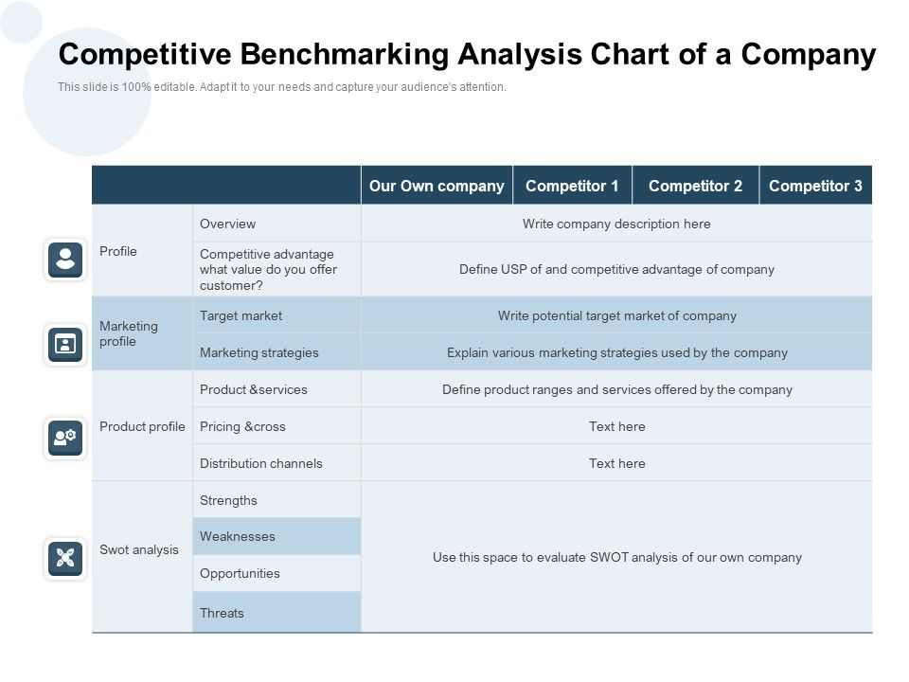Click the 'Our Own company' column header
(x=437, y=186)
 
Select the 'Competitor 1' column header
(x=572, y=186)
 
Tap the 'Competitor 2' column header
(x=695, y=186)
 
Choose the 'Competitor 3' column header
(x=815, y=186)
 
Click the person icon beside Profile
(x=65, y=259)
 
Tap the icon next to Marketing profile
(x=65, y=344)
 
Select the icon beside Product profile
(x=65, y=437)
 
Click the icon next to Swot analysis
(x=65, y=557)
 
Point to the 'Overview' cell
(x=228, y=224)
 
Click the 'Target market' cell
(x=241, y=315)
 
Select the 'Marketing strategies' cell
(x=259, y=352)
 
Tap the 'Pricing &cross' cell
(x=242, y=426)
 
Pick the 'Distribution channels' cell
(x=261, y=463)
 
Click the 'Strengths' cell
(x=228, y=500)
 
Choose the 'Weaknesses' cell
(x=238, y=536)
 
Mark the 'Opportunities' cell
(x=240, y=573)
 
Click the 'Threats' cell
(x=222, y=613)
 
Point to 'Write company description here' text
(x=616, y=224)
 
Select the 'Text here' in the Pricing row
(x=617, y=426)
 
